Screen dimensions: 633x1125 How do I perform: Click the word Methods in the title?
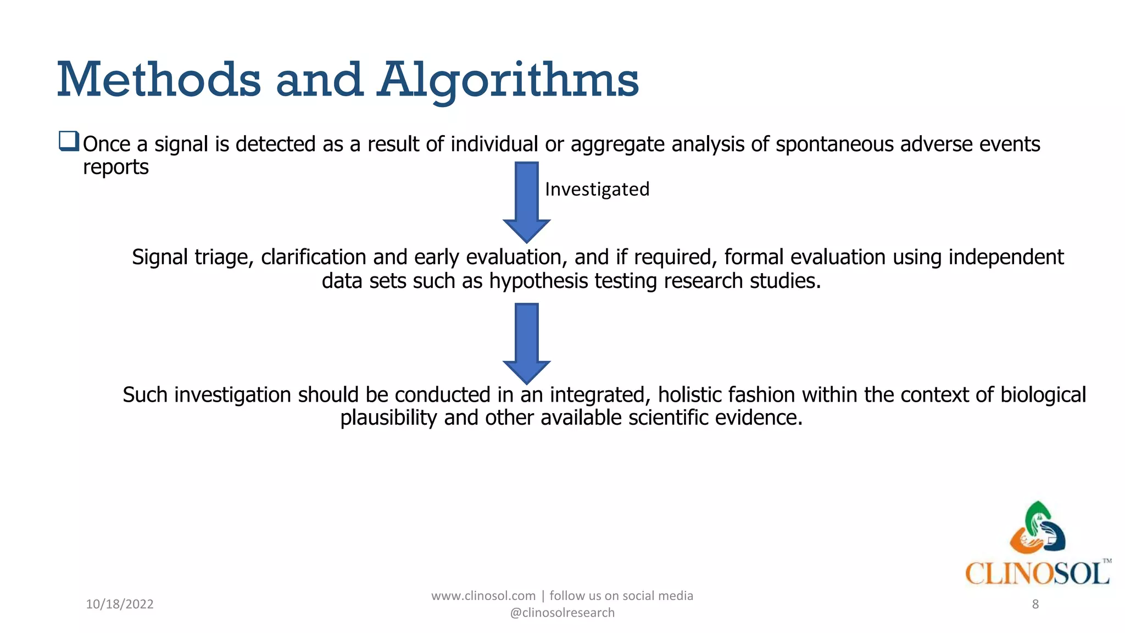click(159, 80)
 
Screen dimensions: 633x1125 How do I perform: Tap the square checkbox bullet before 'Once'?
click(69, 141)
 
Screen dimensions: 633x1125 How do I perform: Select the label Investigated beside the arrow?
click(597, 189)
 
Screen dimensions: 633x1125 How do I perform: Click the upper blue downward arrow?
click(527, 201)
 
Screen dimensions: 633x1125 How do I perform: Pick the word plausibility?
click(388, 418)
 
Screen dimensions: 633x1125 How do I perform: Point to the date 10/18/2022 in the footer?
click(120, 604)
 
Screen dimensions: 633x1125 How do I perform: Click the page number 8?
click(1035, 604)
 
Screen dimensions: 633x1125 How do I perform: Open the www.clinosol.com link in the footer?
click(483, 596)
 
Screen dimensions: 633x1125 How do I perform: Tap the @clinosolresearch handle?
click(562, 613)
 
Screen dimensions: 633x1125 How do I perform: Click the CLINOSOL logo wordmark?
click(1037, 573)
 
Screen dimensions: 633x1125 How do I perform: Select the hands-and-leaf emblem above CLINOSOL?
click(1037, 527)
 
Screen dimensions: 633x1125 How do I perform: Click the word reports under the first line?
click(116, 167)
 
